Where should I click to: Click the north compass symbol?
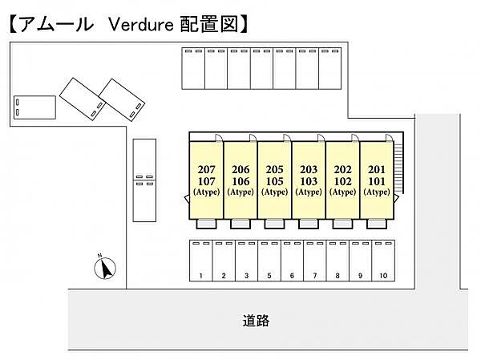[105, 268]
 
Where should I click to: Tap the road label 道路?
[256, 321]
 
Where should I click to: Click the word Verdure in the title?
[141, 25]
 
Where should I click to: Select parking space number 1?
[201, 261]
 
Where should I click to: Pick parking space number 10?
[383, 261]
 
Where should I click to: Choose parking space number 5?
[269, 261]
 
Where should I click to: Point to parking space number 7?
[315, 261]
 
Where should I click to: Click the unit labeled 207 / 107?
[207, 180]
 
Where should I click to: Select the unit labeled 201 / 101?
[377, 180]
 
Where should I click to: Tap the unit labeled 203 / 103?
[309, 180]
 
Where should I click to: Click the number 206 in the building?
[240, 169]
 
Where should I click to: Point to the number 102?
[342, 181]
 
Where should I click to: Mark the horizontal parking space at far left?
[34, 107]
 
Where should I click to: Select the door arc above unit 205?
[287, 138]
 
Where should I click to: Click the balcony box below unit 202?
[342, 224]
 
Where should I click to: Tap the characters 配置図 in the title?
[208, 24]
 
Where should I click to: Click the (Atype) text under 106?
[240, 192]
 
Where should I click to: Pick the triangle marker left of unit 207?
[187, 199]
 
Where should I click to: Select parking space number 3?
[246, 261]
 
